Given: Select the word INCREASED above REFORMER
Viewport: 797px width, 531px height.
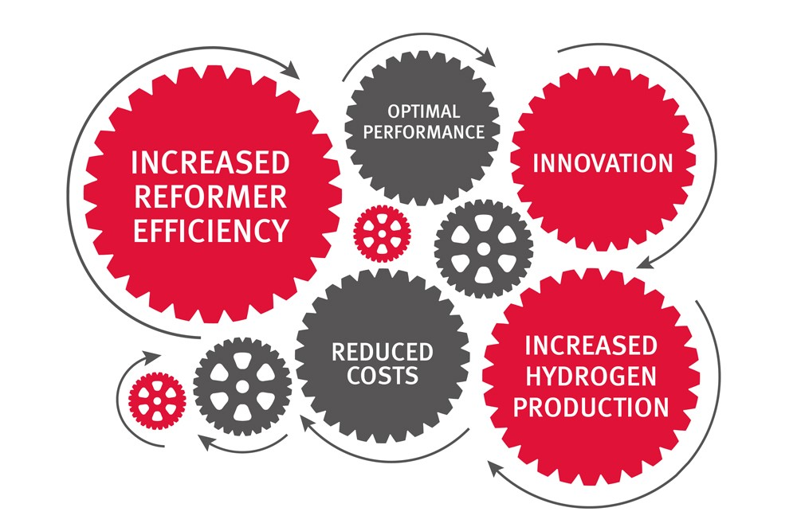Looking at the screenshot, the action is click(x=210, y=163).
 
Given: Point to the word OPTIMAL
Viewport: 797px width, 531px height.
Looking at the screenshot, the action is click(x=423, y=111).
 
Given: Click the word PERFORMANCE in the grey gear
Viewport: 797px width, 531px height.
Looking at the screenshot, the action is click(x=423, y=132).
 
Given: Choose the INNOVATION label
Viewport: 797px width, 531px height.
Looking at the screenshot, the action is click(x=603, y=163).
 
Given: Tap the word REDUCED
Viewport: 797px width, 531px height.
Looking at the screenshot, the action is click(x=382, y=353).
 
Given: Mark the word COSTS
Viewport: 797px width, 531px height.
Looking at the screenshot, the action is click(x=383, y=376).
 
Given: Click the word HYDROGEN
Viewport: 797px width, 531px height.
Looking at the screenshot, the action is click(x=591, y=377).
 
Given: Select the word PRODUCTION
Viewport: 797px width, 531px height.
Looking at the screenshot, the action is click(x=591, y=408).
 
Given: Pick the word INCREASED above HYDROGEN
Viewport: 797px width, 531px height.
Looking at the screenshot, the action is click(x=591, y=346).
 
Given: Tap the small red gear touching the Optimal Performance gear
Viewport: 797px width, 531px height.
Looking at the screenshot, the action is click(x=382, y=234).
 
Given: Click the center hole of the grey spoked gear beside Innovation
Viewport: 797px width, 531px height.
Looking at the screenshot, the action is click(x=484, y=248).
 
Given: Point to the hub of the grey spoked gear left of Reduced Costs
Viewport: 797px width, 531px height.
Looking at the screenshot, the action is click(x=242, y=386).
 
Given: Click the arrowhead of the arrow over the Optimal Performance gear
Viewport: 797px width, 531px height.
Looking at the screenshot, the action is click(x=489, y=57).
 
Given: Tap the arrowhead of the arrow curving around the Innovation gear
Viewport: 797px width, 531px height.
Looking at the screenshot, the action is click(x=646, y=262).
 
